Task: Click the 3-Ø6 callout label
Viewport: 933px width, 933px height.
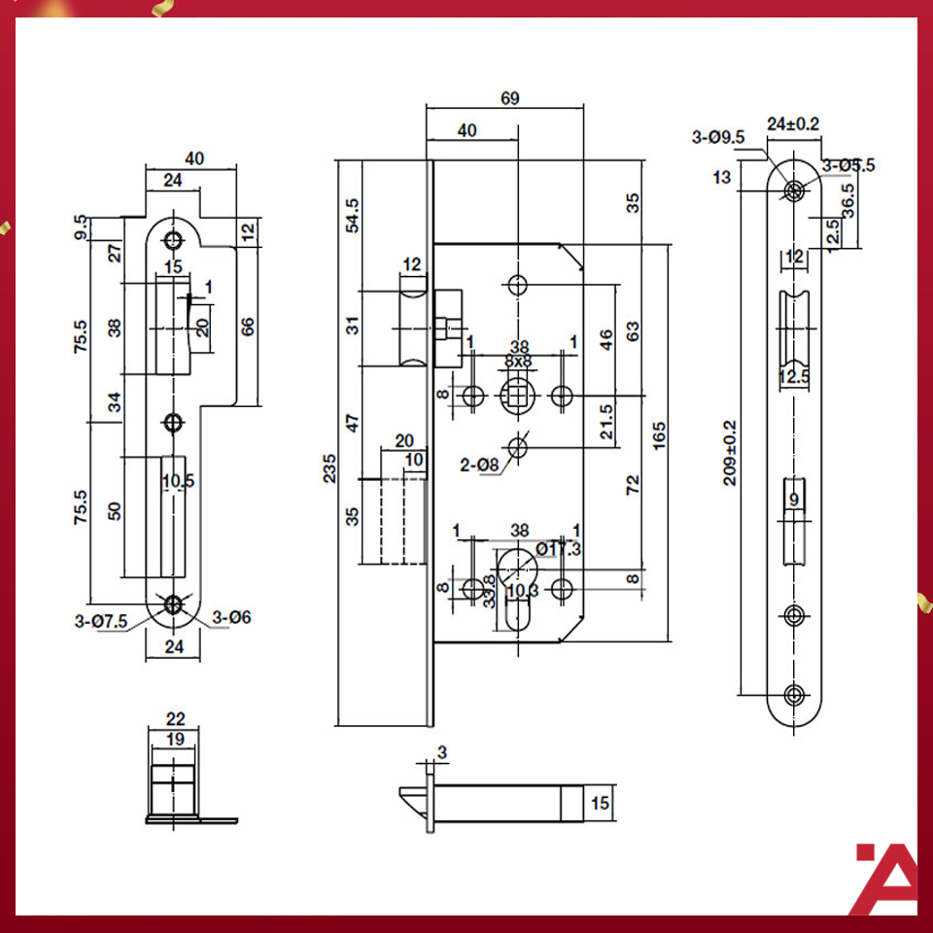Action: pos(231,616)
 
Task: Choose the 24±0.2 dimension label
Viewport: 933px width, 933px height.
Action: pos(793,123)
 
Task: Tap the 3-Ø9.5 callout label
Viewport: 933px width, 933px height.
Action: pos(718,137)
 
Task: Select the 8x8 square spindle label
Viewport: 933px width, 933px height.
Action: pos(519,362)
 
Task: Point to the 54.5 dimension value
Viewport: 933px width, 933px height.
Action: pos(353,215)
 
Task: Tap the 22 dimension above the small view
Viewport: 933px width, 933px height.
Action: pos(176,719)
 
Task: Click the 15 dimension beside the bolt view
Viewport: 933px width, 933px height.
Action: pos(600,803)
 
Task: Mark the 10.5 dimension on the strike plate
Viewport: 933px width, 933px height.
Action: pos(179,480)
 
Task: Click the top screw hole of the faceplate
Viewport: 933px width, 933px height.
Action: pos(796,190)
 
